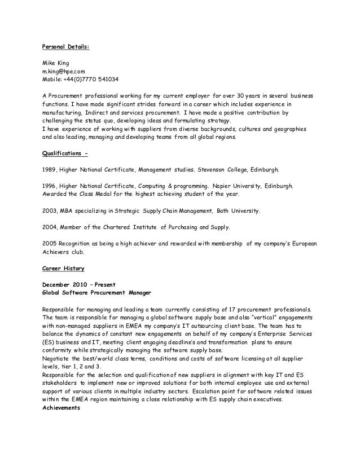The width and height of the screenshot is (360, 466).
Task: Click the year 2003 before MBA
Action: pyautogui.click(x=50, y=210)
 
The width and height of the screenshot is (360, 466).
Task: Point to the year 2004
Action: pyautogui.click(x=50, y=227)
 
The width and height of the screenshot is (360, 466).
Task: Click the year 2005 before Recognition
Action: pyautogui.click(x=50, y=243)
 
